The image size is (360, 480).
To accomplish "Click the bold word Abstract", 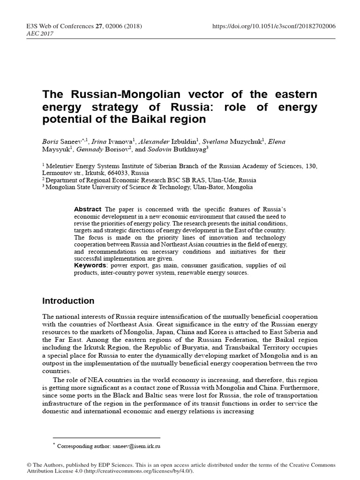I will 88,209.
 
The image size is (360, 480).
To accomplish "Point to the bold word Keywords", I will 90,265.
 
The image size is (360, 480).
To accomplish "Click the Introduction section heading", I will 68,301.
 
